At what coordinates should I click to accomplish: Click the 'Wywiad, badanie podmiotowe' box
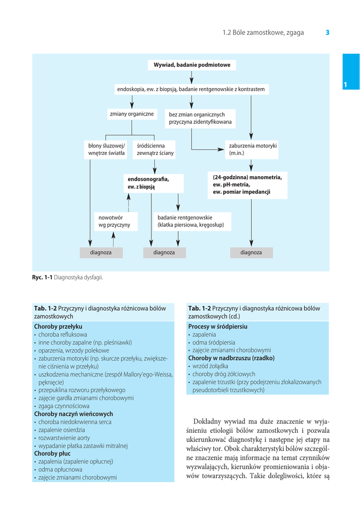[192, 65]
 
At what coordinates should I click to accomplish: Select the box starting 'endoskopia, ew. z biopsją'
[191, 89]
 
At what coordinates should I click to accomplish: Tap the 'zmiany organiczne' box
[131, 114]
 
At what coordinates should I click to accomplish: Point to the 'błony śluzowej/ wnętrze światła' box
[107, 149]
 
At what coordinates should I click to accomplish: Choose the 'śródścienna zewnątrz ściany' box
[155, 149]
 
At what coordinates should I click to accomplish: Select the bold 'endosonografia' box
[154, 183]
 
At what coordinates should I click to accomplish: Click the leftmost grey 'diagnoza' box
[101, 253]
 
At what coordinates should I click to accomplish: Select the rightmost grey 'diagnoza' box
[251, 253]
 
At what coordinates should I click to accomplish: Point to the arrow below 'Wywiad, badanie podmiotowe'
[192, 77]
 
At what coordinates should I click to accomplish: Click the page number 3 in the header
[328, 32]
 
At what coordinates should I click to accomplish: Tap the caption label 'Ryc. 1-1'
[42, 277]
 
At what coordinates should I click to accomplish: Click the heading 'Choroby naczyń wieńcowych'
[74, 414]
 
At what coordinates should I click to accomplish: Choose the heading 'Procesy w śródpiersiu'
[218, 327]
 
